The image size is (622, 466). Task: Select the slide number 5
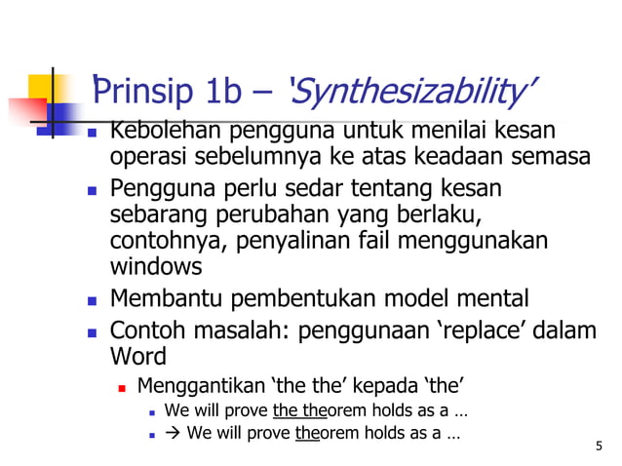pos(598,446)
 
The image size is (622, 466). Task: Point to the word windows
pos(156,265)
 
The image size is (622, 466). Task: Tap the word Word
pos(140,356)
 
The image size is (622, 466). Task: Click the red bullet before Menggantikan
pos(123,386)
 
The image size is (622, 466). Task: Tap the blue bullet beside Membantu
pos(93,299)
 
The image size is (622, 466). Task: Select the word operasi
pos(145,157)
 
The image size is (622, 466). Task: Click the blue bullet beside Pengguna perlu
pos(93,188)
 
